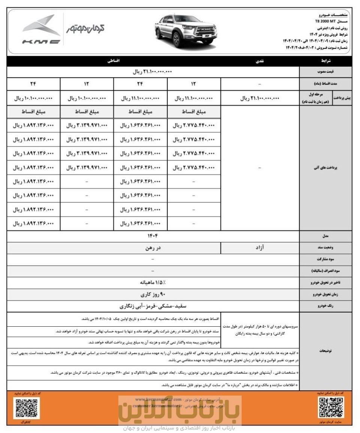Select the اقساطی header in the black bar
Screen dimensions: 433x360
(114, 60)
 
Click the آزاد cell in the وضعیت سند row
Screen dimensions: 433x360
(260, 247)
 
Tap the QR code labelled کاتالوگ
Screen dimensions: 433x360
(26, 408)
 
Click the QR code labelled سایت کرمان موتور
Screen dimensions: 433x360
(330, 408)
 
